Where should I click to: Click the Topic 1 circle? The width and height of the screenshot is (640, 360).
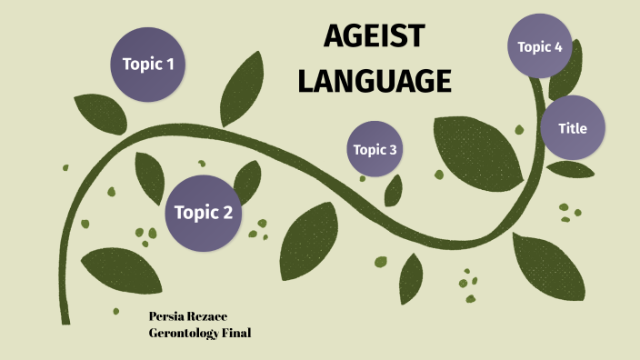148,64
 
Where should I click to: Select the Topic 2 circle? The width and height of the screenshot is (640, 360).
204,213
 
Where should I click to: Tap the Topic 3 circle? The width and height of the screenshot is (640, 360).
375,149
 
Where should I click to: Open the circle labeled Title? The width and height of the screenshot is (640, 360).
573,128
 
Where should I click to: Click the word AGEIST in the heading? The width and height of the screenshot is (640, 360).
375,38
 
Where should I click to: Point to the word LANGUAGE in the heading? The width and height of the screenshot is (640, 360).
375,81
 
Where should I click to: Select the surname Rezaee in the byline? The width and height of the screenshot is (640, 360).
210,316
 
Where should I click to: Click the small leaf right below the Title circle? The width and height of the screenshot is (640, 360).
571,170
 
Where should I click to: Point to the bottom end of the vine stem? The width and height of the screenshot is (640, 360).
65,318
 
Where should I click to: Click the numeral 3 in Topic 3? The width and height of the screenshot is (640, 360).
394,150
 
